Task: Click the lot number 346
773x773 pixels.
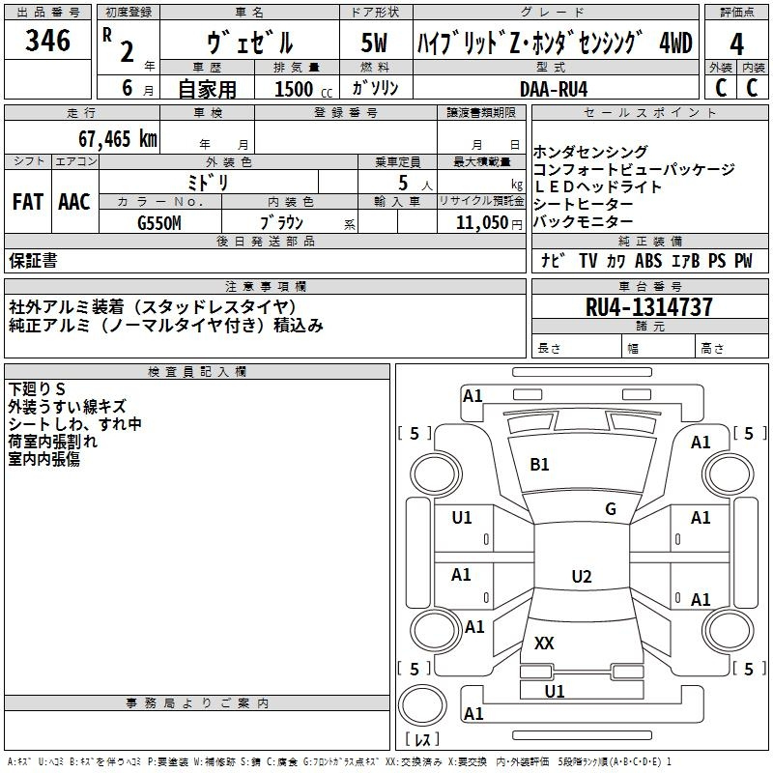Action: [x=48, y=41]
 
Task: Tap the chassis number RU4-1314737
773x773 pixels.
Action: [x=649, y=307]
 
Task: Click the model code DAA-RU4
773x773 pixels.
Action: [x=554, y=88]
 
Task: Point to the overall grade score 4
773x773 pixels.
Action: [x=737, y=44]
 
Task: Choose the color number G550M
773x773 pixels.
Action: [x=158, y=222]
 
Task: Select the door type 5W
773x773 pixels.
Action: [x=377, y=43]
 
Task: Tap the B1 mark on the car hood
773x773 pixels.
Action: [x=539, y=465]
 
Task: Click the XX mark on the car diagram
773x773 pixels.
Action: [x=544, y=643]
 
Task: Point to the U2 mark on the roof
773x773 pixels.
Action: [x=581, y=577]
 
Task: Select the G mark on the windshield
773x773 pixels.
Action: [x=611, y=509]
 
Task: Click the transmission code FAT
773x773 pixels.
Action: [x=28, y=201]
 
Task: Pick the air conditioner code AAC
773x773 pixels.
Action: [x=74, y=201]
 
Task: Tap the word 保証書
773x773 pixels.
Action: [x=33, y=261]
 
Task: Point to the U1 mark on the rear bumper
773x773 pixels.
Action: [x=555, y=691]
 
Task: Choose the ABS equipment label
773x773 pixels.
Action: [x=648, y=261]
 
